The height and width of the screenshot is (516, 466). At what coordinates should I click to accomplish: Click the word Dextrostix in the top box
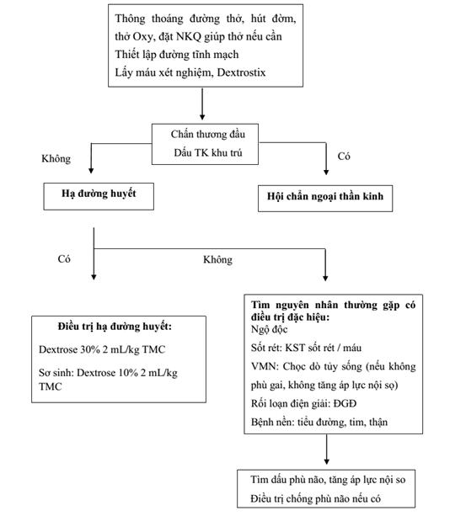coord(241,72)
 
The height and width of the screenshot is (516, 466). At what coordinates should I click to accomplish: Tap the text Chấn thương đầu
coord(208,135)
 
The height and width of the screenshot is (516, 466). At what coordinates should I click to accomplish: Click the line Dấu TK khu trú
coord(208,152)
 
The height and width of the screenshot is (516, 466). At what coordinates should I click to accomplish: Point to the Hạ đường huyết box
coord(99,196)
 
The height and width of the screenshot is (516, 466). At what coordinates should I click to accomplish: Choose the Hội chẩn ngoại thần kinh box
coord(325,198)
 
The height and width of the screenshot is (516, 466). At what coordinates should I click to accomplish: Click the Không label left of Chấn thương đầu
coord(56,158)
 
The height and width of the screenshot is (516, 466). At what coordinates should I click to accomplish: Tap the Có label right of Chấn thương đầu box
coord(344,156)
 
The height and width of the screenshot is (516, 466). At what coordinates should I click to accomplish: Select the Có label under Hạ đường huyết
coord(64,259)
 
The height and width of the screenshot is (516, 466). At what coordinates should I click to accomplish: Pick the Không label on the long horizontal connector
coord(217,259)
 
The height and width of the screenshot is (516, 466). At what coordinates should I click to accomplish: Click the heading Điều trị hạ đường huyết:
coord(115,327)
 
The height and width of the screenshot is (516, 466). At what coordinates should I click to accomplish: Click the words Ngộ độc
coord(269,329)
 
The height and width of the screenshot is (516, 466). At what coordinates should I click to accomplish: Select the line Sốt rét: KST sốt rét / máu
coord(306,348)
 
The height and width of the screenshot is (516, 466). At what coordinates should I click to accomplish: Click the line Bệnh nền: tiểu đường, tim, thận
coord(319,423)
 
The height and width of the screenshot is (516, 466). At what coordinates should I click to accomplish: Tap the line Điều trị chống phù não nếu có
coord(315,498)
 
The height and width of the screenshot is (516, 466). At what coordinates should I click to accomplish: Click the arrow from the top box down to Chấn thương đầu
coord(202,104)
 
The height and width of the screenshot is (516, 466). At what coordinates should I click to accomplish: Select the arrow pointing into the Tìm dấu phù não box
coord(327,450)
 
